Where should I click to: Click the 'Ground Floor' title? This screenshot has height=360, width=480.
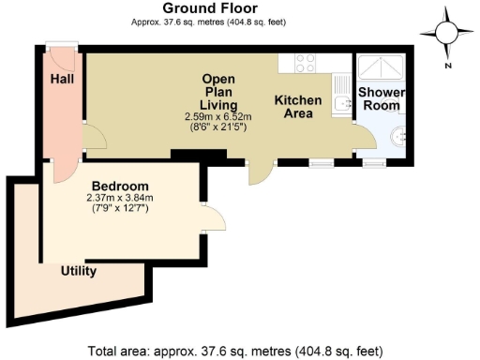click(217, 8)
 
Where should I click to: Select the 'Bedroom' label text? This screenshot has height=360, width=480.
click(119, 186)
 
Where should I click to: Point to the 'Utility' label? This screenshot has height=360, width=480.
click(79, 271)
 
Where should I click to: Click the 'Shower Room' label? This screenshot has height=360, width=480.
click(380, 99)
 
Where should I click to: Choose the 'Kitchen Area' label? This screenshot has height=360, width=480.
click(297, 106)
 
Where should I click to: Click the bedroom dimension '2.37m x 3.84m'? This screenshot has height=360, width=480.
click(119, 198)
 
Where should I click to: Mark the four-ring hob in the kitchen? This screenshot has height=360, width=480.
click(305, 63)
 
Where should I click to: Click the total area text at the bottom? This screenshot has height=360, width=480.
click(235, 352)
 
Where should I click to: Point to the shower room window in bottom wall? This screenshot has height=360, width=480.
click(374, 161)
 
